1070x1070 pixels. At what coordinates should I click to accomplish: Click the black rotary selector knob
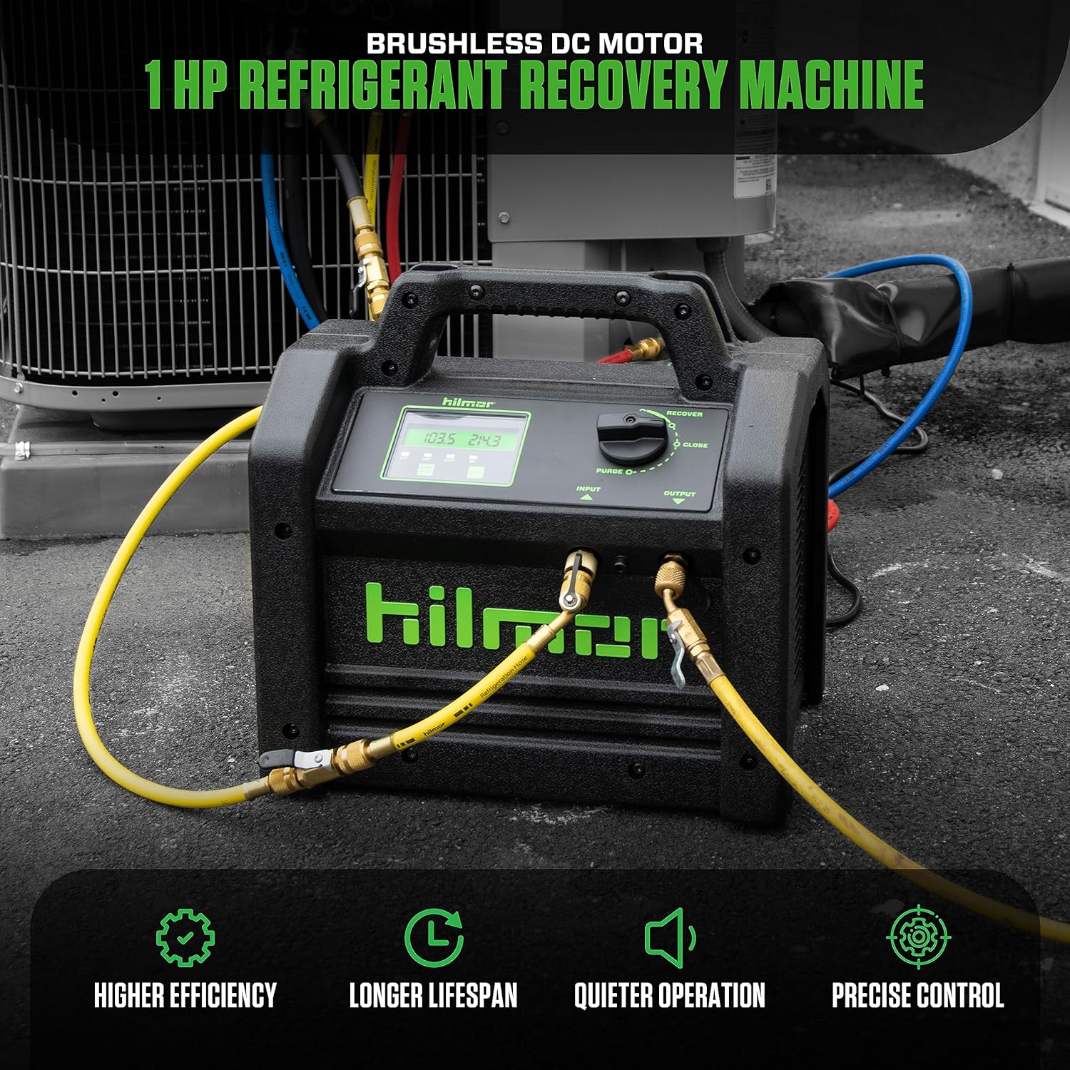[632, 437]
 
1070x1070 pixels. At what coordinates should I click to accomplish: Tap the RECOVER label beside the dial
[683, 414]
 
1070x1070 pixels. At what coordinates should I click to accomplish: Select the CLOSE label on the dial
[694, 445]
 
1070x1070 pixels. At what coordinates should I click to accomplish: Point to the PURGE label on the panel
[610, 472]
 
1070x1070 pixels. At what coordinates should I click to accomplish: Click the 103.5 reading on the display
[439, 439]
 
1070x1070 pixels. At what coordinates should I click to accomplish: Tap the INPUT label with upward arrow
[588, 491]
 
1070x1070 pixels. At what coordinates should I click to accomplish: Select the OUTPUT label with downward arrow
[678, 496]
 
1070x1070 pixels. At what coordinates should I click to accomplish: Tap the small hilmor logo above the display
[458, 403]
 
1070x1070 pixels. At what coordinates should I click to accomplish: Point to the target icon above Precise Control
[918, 937]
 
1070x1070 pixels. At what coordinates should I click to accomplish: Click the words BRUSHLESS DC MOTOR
[534, 44]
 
